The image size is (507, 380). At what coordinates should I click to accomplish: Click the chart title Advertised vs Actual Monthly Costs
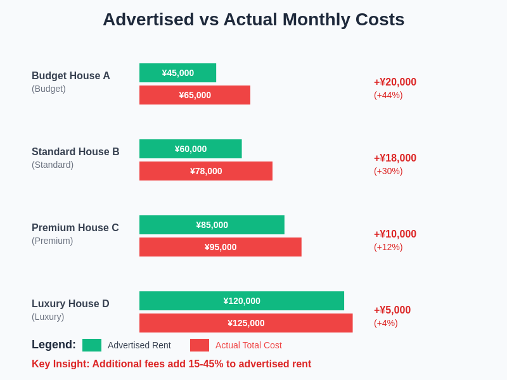[253, 20]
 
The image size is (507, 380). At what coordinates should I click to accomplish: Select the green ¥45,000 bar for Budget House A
[177, 73]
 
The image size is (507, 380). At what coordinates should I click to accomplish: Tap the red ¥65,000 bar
[195, 95]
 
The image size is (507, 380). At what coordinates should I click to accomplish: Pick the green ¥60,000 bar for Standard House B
[190, 149]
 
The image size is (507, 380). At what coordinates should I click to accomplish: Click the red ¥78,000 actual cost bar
[206, 171]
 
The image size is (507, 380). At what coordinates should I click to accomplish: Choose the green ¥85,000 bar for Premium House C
[212, 225]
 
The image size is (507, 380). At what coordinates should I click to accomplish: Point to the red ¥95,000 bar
[220, 247]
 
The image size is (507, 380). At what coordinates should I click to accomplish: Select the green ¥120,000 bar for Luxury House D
[241, 301]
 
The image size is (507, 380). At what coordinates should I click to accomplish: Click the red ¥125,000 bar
[246, 323]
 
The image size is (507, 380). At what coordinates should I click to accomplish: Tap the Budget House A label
[71, 76]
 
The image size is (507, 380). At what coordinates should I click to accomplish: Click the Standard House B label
[75, 152]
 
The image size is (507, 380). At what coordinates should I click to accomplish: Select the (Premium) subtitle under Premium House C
[52, 241]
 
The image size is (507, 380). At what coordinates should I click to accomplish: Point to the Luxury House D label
[70, 304]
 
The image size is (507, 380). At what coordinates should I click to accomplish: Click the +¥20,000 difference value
[395, 82]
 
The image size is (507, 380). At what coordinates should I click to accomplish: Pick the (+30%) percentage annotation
[388, 171]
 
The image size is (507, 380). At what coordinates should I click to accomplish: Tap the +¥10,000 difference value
[395, 234]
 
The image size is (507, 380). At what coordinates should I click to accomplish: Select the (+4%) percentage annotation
[385, 323]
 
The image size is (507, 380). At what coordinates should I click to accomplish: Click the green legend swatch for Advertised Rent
[92, 345]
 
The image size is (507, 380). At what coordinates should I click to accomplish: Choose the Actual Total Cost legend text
[248, 345]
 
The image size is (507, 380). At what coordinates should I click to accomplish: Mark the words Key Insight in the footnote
[60, 364]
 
